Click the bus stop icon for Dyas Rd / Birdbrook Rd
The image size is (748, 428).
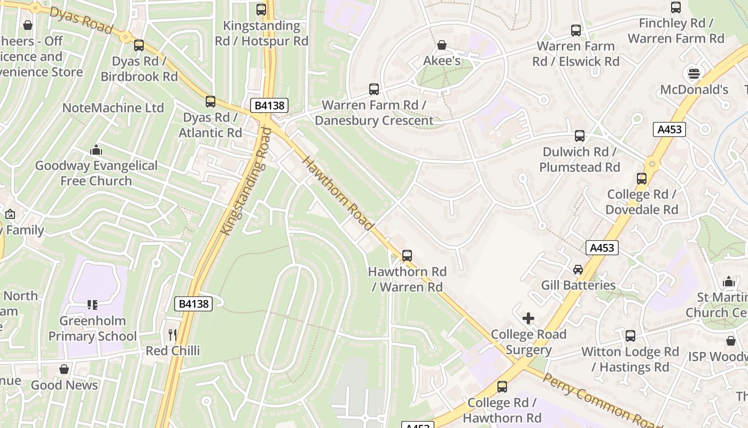139,45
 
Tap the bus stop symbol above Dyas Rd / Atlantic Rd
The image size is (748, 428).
211,101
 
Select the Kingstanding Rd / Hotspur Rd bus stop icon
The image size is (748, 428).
261,9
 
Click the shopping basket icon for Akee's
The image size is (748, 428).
442,45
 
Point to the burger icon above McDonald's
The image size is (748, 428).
694,73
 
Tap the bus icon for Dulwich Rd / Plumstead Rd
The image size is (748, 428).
580,136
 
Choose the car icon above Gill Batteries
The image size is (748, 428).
578,269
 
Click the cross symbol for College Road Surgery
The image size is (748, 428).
528,318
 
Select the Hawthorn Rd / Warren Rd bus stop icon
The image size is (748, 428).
407,256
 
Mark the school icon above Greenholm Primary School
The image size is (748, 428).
92,305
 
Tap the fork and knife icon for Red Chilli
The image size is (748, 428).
173,335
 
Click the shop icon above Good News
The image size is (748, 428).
64,369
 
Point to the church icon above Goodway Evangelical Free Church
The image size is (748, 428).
96,150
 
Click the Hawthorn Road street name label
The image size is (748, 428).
337,193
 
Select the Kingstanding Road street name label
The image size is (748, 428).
244,181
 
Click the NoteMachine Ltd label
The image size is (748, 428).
113,108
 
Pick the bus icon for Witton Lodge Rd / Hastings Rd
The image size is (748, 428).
630,336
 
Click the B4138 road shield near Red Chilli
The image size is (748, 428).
193,304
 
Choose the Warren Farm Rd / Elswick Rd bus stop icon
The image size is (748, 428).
576,30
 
